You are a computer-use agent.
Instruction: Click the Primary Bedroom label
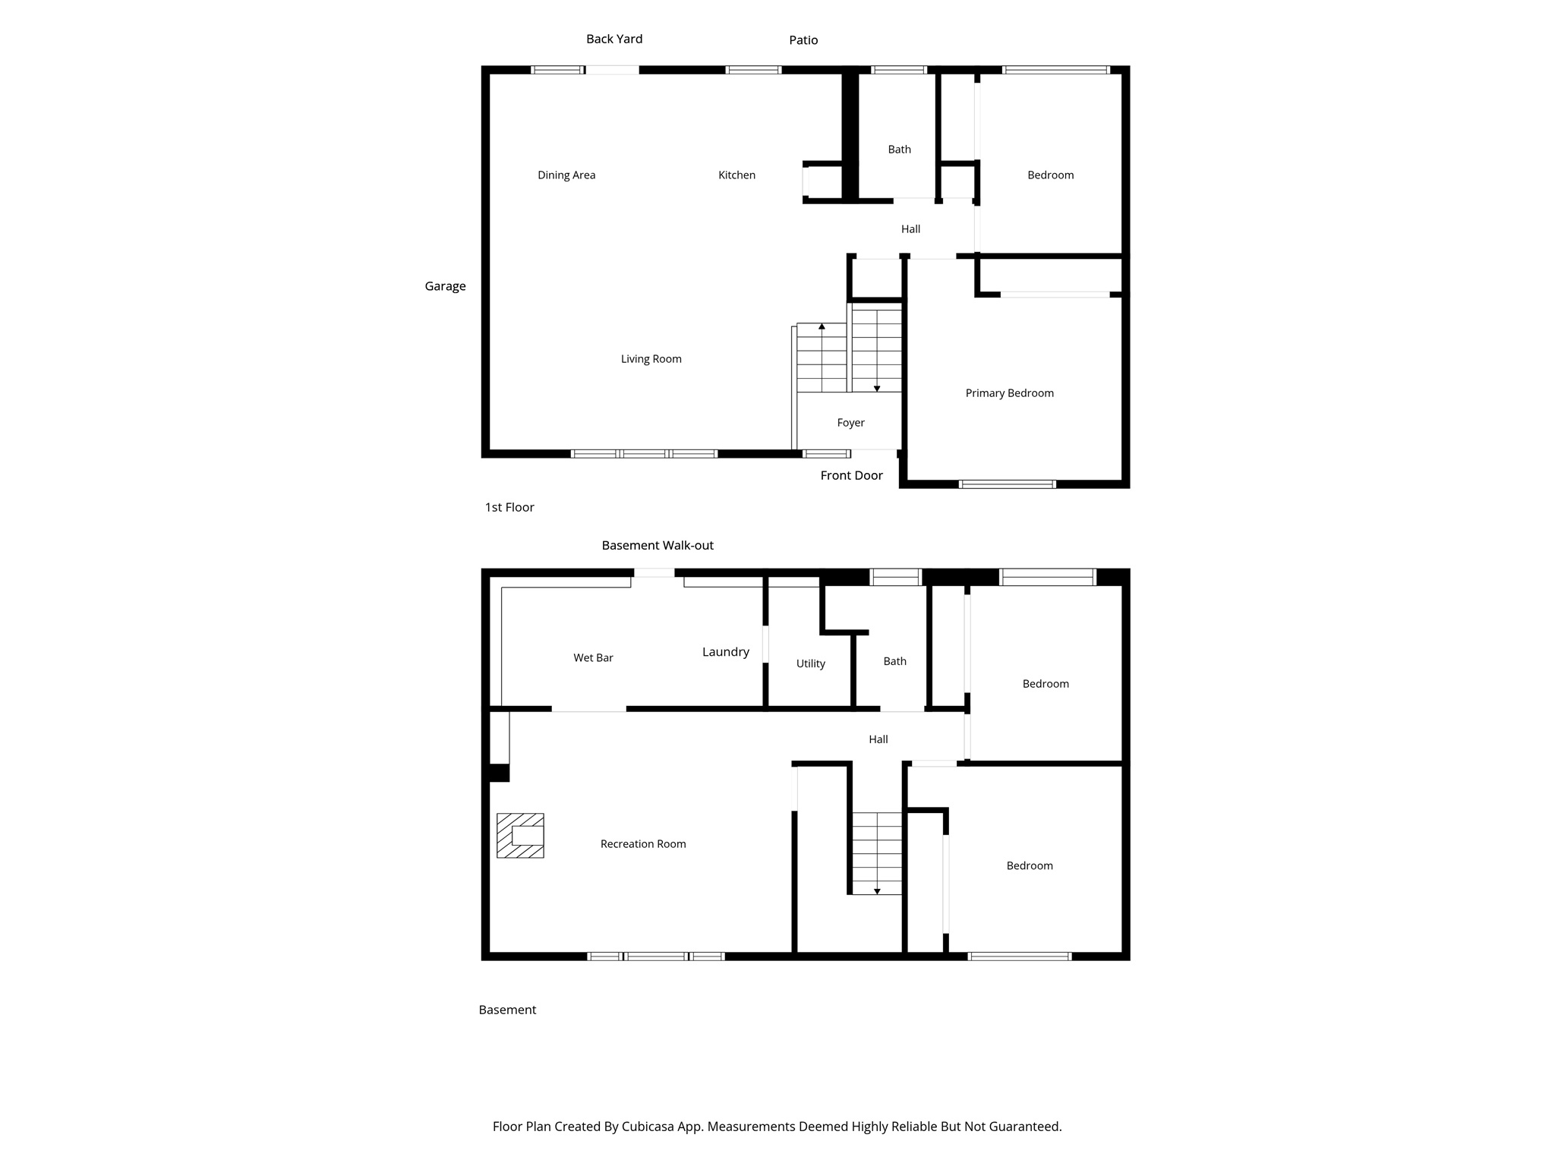click(x=1009, y=393)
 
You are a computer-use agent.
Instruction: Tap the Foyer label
click(x=850, y=423)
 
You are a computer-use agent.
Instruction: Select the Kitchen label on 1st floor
click(x=736, y=175)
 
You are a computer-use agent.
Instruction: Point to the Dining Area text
click(x=566, y=175)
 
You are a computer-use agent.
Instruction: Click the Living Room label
click(x=651, y=359)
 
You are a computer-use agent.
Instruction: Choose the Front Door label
click(x=851, y=476)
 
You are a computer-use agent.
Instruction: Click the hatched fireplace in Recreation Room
click(x=520, y=836)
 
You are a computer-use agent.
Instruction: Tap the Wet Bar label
click(x=593, y=658)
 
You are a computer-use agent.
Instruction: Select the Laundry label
click(x=725, y=652)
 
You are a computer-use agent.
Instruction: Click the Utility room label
click(x=810, y=663)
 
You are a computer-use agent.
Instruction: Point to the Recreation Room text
click(x=642, y=844)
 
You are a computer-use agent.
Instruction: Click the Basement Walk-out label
click(x=658, y=545)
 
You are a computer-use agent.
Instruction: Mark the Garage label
click(x=445, y=286)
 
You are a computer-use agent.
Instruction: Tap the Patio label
click(x=803, y=40)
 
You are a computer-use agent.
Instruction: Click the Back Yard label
click(x=613, y=39)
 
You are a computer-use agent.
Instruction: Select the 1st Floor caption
click(x=509, y=507)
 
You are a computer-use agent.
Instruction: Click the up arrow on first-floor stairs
click(x=822, y=326)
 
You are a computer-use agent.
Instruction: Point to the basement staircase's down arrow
click(x=877, y=890)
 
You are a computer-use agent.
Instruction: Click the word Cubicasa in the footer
click(x=649, y=1127)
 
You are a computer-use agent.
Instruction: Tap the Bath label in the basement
click(x=894, y=661)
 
